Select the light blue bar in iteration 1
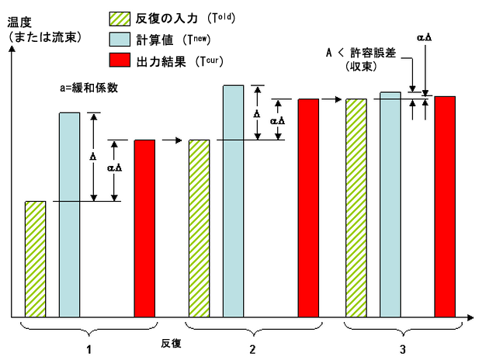coord(70,214)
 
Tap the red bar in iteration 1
coord(144,228)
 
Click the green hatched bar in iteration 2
coord(199,228)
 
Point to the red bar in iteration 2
coord(308,207)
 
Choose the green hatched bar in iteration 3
coord(356,207)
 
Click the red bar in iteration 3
coord(444,206)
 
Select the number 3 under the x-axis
coord(401,349)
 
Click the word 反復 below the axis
coord(171,342)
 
